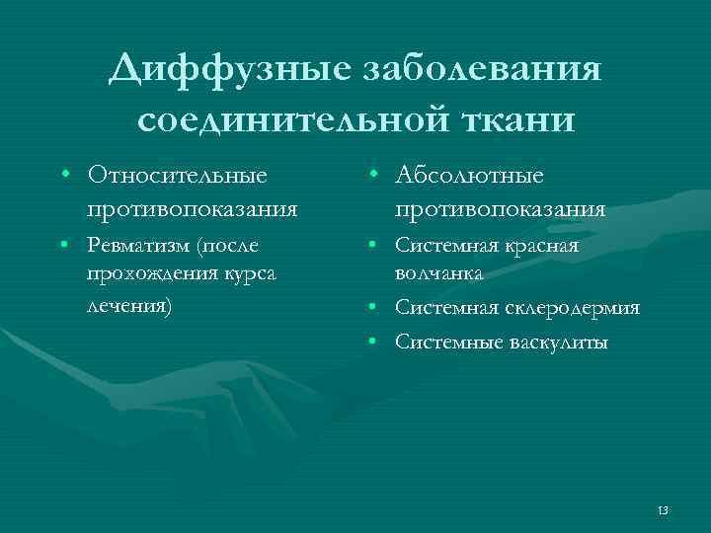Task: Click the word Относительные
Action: [x=177, y=176]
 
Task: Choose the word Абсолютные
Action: [x=469, y=176]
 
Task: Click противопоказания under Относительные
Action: [x=192, y=209]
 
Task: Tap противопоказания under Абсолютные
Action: [x=501, y=209]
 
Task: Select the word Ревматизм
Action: [x=138, y=245]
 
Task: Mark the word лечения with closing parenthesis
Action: [x=129, y=305]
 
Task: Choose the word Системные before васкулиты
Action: [x=444, y=343]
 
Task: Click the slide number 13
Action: [x=662, y=509]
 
